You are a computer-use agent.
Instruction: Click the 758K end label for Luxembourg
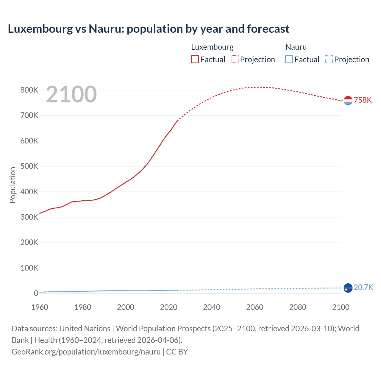pos(363,100)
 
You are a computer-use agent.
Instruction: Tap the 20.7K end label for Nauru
pos(363,287)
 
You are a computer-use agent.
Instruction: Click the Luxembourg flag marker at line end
pos(348,101)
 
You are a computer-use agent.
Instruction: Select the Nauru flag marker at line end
pos(348,288)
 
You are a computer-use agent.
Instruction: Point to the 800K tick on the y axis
pos(29,90)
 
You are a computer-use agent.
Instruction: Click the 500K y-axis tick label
pos(29,166)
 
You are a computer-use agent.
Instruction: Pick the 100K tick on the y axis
pos(29,268)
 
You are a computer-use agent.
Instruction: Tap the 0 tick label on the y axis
pos(36,293)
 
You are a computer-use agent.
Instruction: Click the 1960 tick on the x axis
pos(40,307)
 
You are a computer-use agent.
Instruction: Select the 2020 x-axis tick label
pos(169,307)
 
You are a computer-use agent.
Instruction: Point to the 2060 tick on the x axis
pos(255,307)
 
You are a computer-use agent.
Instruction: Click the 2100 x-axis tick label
pos(341,307)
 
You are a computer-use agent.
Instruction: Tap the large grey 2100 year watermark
pos(71,94)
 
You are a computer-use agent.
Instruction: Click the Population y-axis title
pos(13,185)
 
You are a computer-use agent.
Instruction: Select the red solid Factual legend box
pos(195,60)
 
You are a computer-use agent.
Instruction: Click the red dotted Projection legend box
pos(235,60)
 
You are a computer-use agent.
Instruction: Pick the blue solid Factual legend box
pos(289,60)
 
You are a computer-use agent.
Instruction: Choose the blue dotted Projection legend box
pos(329,60)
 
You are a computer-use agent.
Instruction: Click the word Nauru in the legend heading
pos(296,47)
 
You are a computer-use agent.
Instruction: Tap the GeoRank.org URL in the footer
pos(86,352)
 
